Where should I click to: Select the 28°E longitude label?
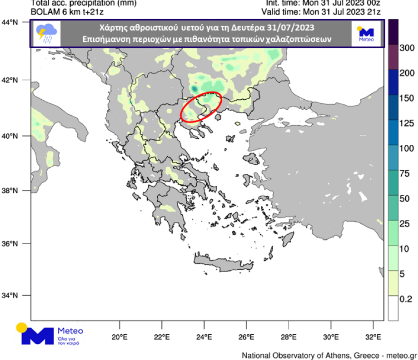(288, 338)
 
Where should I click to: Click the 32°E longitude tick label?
(374, 338)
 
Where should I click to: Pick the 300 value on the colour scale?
(407, 48)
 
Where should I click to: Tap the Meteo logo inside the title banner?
(366, 35)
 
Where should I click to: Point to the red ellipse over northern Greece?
(201, 107)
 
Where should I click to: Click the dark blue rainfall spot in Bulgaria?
(194, 88)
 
